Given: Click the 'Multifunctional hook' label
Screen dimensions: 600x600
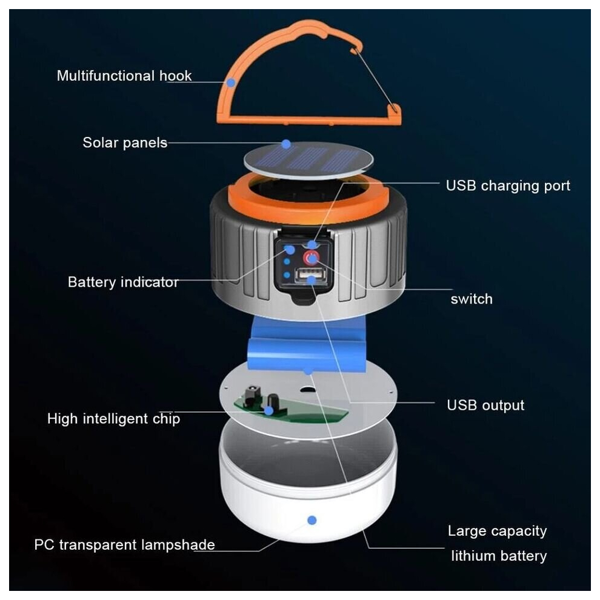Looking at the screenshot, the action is (x=124, y=76).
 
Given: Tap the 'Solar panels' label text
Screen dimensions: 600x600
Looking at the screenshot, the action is (x=125, y=143).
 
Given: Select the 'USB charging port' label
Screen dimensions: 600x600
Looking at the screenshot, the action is (x=508, y=186).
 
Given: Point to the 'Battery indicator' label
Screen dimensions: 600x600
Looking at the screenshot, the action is (x=123, y=282).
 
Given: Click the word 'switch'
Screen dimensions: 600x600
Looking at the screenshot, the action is (x=472, y=299).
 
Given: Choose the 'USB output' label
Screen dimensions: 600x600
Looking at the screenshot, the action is (x=485, y=405).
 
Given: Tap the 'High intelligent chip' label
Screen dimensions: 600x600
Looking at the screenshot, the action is (x=114, y=419).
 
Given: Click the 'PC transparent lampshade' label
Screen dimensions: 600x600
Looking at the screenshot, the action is (x=124, y=545).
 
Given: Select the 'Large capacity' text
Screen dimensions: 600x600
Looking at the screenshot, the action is (x=497, y=531).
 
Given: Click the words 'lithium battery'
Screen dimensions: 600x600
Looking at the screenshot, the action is (x=499, y=556).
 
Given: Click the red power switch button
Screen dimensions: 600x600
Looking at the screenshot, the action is (x=311, y=258).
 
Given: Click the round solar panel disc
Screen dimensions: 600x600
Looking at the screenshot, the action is (x=308, y=161).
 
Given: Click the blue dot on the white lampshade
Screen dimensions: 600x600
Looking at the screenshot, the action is (x=312, y=520).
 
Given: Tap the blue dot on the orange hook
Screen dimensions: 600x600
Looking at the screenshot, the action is (x=231, y=82).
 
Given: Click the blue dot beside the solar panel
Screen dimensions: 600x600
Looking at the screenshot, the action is (x=286, y=144).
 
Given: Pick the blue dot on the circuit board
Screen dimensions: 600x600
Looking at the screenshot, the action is (x=269, y=411).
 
